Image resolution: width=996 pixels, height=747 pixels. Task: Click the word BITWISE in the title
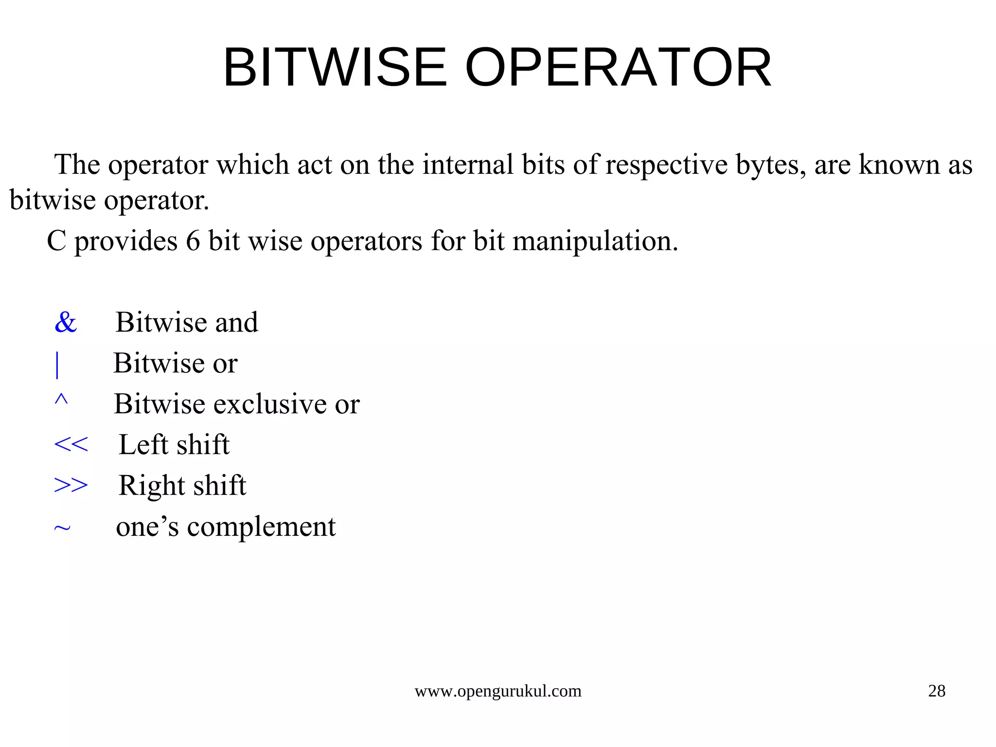coord(335,68)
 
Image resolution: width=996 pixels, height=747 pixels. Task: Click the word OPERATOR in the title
coord(618,68)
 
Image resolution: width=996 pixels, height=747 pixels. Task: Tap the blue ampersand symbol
coord(66,322)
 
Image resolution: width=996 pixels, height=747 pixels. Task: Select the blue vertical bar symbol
coord(57,364)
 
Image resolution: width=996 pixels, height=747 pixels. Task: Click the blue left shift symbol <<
coord(71,444)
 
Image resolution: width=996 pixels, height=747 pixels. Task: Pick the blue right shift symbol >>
coord(71,485)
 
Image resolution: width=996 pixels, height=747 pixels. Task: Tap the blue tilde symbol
coord(62,528)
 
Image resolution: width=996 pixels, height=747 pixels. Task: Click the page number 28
coord(937,691)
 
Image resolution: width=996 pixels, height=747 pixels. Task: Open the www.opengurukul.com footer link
coord(498,691)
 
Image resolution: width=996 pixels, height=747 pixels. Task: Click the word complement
coord(261,527)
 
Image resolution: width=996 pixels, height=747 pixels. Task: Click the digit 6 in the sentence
coord(193,241)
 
